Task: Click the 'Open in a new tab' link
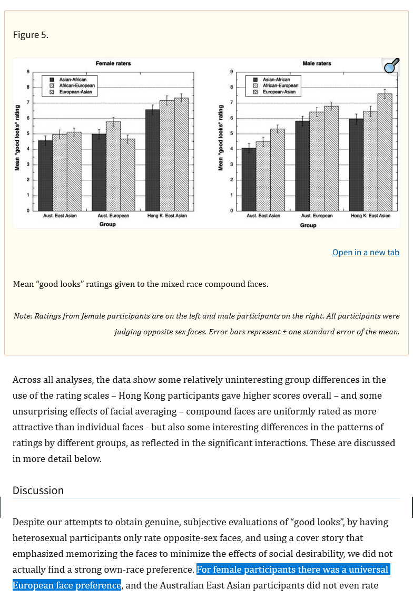tap(366, 253)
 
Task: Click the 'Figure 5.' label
tap(31, 35)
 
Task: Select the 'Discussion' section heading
tap(38, 490)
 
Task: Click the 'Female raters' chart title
tap(113, 63)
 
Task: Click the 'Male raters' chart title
tap(317, 63)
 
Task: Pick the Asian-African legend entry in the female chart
tap(68, 79)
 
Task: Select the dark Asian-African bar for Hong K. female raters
tap(153, 160)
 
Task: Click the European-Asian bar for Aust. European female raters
tap(127, 175)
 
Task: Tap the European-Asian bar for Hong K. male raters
tap(385, 152)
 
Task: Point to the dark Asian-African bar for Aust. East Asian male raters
tap(249, 179)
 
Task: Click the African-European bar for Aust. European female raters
tap(114, 166)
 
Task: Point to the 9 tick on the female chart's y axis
tap(28, 72)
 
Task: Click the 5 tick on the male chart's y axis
tap(231, 133)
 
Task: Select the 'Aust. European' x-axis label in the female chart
tap(113, 216)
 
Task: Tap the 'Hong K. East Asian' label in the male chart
tap(370, 216)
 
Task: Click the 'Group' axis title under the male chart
tap(308, 225)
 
